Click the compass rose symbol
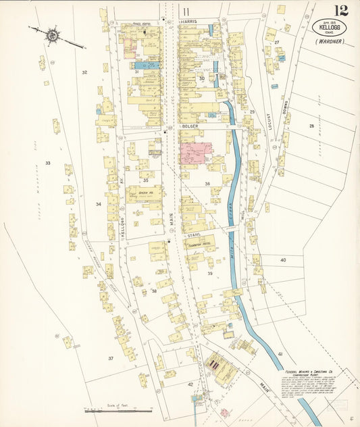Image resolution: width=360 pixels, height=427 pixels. tap(51, 34)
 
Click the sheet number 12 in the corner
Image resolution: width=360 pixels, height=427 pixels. tap(340, 11)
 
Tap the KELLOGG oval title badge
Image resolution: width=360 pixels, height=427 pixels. tap(329, 29)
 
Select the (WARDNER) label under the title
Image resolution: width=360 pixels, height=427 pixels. tap(329, 41)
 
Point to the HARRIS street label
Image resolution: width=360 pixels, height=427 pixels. tap(188, 22)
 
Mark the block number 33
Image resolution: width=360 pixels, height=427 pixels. tap(48, 163)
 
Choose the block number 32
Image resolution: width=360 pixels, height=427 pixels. tap(84, 72)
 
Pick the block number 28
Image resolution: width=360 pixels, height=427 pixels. tap(311, 126)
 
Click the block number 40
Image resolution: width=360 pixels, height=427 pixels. tap(283, 259)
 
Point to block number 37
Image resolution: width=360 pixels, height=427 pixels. tap(110, 357)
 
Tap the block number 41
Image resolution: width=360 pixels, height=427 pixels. tap(278, 353)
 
